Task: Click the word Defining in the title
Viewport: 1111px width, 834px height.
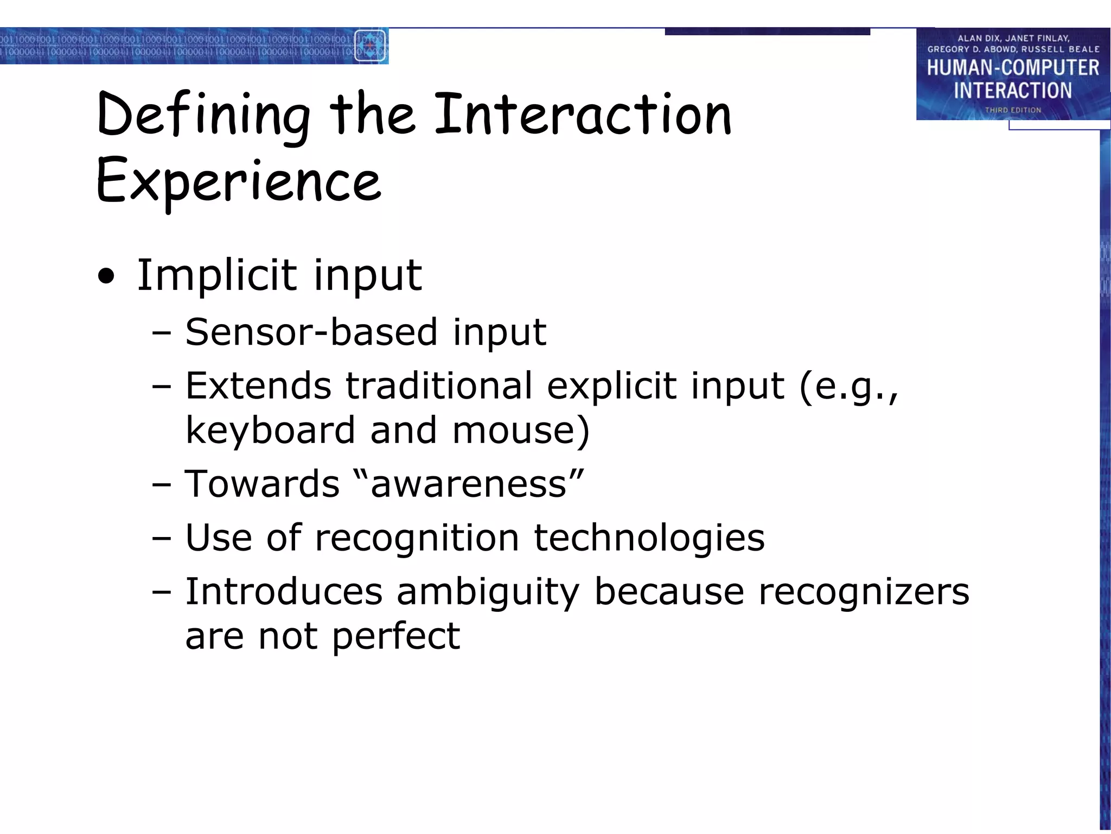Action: tap(203, 116)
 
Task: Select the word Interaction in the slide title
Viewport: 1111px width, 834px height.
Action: tap(583, 115)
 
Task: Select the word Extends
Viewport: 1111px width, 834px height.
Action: tap(258, 386)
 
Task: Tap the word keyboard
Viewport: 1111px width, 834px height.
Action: tap(270, 430)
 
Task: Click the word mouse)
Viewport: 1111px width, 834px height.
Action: tap(521, 430)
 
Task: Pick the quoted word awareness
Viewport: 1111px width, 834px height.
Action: tap(469, 484)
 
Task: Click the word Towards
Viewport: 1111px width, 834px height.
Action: tap(262, 484)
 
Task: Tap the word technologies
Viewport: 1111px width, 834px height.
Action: tap(649, 538)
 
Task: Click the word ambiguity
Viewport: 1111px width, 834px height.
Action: tap(488, 592)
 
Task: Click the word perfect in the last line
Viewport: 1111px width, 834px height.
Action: tap(395, 636)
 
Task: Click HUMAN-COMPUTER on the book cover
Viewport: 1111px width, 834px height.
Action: tap(1012, 68)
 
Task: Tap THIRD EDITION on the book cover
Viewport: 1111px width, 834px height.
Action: tap(1012, 110)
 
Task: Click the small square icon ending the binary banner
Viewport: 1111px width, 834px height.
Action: tap(370, 46)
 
